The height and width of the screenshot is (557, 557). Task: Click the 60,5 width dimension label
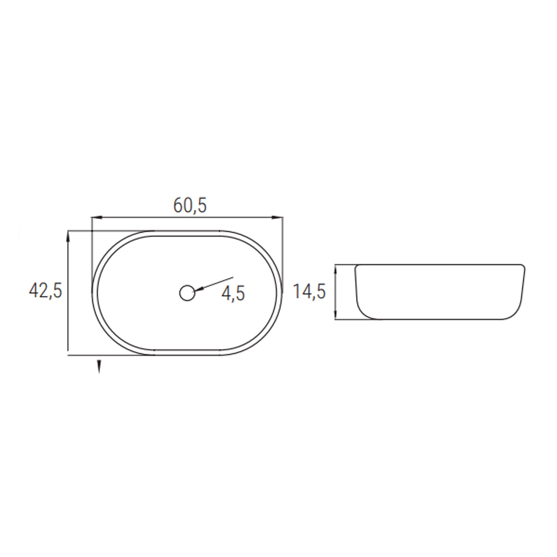pyautogui.click(x=190, y=205)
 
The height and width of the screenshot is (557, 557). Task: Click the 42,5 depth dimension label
pyautogui.click(x=46, y=290)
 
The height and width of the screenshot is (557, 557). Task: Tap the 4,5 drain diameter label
pyautogui.click(x=233, y=293)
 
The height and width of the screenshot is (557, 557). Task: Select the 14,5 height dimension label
pyautogui.click(x=309, y=291)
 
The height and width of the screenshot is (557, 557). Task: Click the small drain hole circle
pyautogui.click(x=187, y=293)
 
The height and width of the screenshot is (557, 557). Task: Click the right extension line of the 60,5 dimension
pyautogui.click(x=283, y=253)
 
